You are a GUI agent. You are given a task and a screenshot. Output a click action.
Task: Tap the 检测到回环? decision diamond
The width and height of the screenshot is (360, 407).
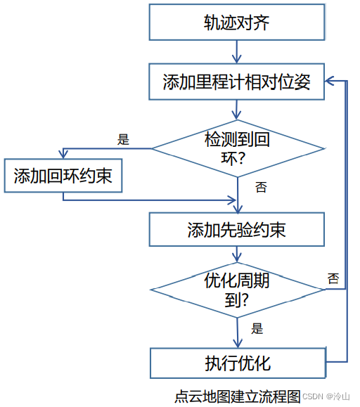point(238,148)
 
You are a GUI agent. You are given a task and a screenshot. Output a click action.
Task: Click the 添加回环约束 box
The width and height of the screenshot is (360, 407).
point(63,176)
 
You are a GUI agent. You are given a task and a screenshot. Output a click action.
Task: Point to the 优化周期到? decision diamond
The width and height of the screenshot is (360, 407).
point(238,288)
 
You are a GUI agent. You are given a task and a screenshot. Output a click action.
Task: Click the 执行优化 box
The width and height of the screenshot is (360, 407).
point(238,363)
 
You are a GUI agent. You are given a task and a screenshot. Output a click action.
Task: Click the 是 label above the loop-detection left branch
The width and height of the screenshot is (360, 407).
point(124,139)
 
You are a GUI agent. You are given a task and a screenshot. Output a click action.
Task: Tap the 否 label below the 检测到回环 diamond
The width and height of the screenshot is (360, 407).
point(261,187)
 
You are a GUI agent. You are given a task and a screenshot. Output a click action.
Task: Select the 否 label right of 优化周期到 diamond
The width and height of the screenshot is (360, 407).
point(333,278)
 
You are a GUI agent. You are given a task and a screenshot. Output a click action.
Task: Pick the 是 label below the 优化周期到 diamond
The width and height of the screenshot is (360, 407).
point(257,328)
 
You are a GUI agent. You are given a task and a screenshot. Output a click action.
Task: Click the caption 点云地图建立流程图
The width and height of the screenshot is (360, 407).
point(237,395)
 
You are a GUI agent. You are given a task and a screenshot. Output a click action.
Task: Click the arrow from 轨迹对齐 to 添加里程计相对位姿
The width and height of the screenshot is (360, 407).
point(238,51)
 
